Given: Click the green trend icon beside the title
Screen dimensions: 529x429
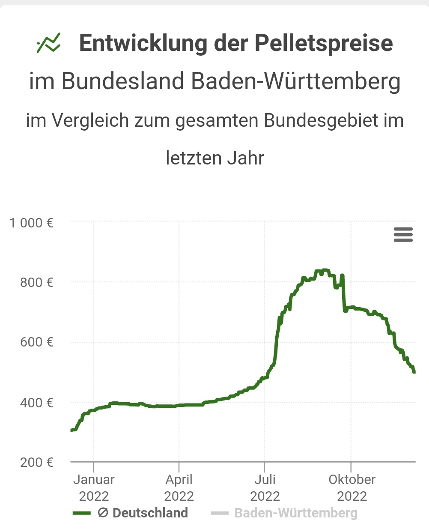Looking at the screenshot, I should pyautogui.click(x=49, y=43).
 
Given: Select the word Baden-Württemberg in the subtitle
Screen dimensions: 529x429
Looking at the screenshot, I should pyautogui.click(x=296, y=81).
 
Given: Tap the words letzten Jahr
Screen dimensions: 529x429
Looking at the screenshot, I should pyautogui.click(x=215, y=158).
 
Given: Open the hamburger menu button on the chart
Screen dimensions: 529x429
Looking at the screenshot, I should pyautogui.click(x=403, y=235).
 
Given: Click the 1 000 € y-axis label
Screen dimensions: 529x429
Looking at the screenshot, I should pyautogui.click(x=32, y=223).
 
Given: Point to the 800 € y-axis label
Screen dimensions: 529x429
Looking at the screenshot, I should pyautogui.click(x=37, y=282).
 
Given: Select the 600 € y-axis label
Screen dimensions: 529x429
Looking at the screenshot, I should pyautogui.click(x=37, y=342).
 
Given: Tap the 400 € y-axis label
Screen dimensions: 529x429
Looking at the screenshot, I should pyautogui.click(x=37, y=403).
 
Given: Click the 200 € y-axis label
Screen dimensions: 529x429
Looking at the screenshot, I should pyautogui.click(x=37, y=462).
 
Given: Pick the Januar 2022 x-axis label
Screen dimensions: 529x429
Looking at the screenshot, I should pyautogui.click(x=94, y=487).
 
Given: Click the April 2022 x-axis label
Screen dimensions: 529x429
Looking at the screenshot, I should pyautogui.click(x=179, y=487).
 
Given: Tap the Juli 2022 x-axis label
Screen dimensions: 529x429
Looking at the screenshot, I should pyautogui.click(x=265, y=487).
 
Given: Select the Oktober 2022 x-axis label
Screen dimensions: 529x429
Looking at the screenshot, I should pyautogui.click(x=352, y=487).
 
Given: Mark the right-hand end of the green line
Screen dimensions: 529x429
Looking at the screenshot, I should pyautogui.click(x=414, y=372).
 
